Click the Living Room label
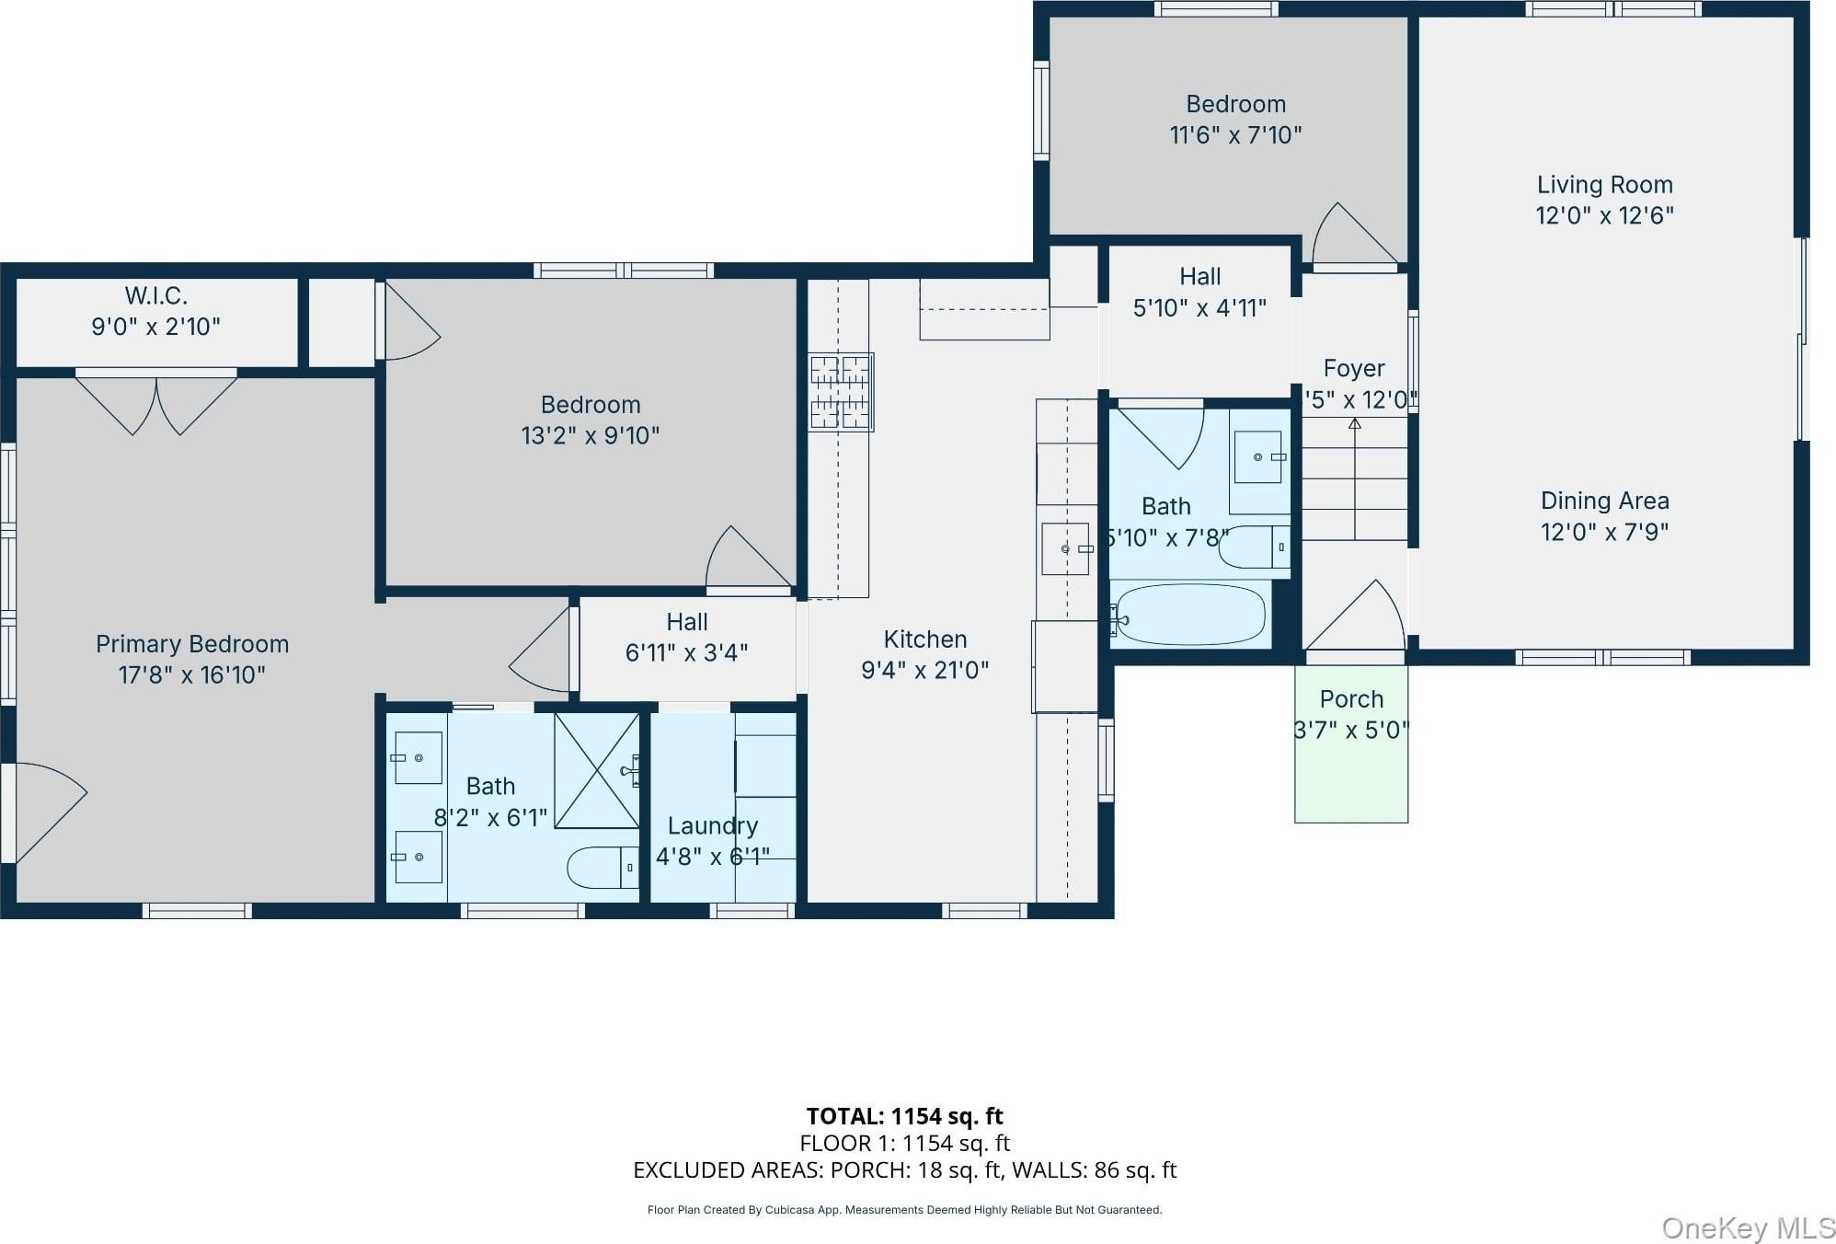[x=1604, y=185]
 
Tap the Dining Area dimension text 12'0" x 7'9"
[x=1604, y=532]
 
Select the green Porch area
[x=1351, y=743]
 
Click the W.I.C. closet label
[x=156, y=295]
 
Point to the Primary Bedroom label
[x=192, y=644]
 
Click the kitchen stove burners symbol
[x=841, y=392]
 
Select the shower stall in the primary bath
[x=596, y=771]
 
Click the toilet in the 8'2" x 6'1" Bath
[x=602, y=867]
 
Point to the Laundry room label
[x=713, y=826]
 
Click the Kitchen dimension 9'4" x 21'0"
[x=924, y=670]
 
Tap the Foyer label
[x=1354, y=368]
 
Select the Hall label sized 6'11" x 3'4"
[x=687, y=622]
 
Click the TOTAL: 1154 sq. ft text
[x=905, y=1116]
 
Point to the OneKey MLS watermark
[x=1748, y=1227]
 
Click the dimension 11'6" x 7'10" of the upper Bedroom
[x=1235, y=135]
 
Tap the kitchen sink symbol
[x=1066, y=548]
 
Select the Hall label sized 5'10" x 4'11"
[x=1200, y=277]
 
